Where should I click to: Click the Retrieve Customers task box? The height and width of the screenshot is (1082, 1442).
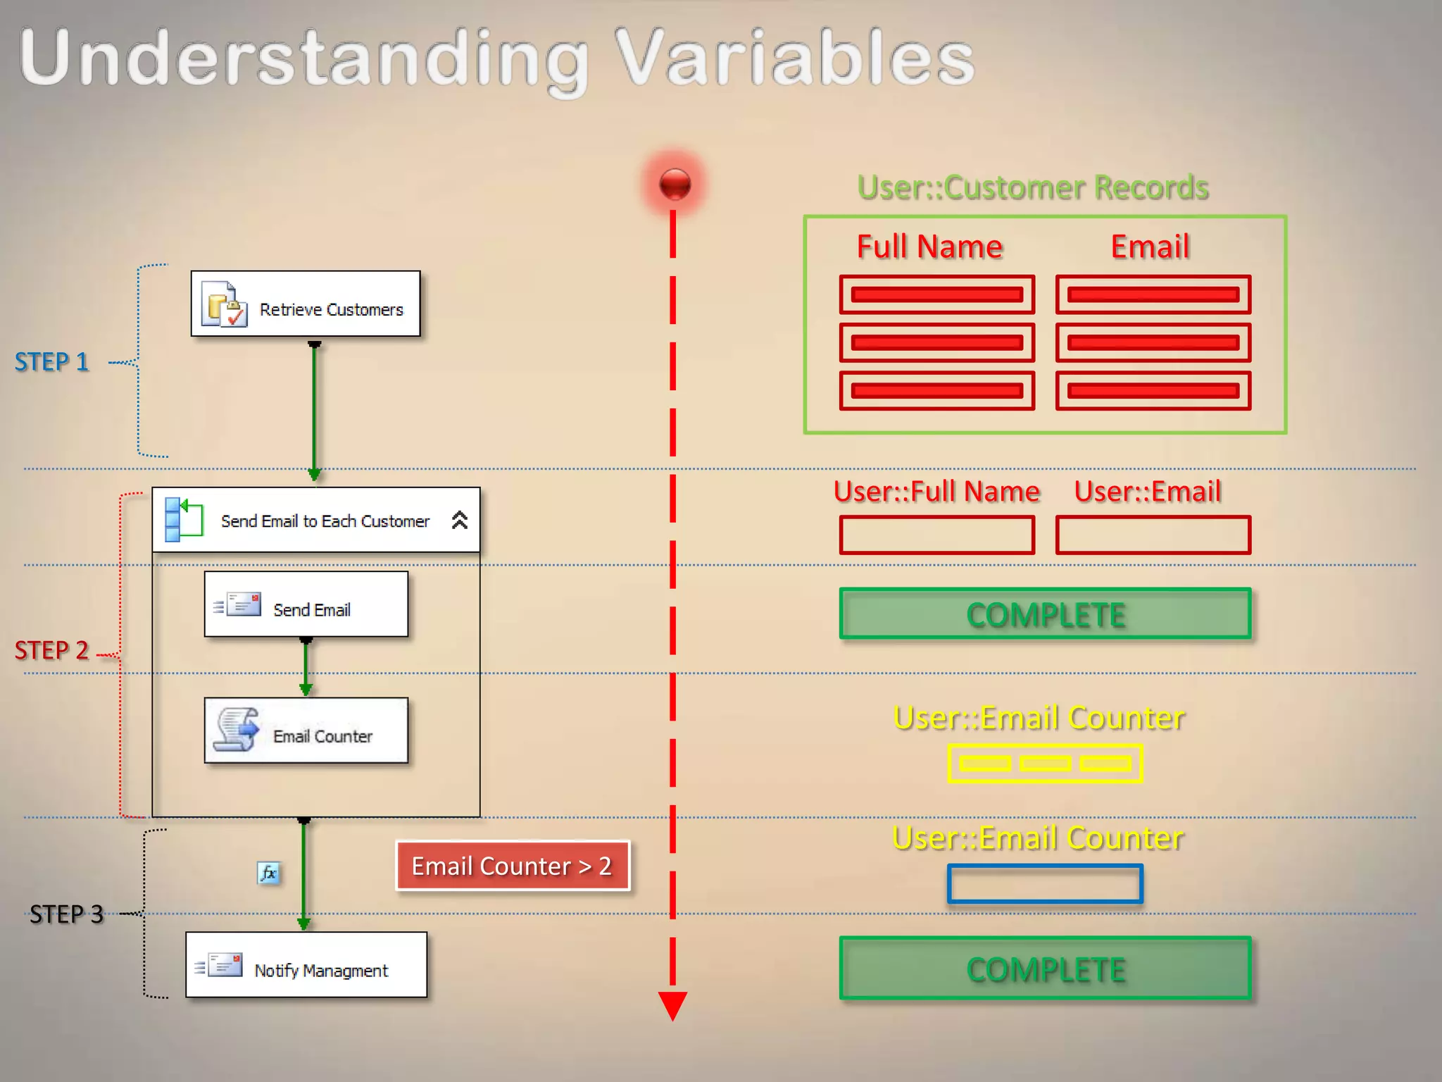306,304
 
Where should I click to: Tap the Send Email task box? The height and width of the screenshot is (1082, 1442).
306,604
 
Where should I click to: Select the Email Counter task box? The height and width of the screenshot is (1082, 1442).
306,730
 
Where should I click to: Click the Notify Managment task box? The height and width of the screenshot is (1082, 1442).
306,965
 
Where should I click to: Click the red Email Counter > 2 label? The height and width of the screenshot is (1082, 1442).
512,866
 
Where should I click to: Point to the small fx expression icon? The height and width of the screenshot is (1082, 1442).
268,873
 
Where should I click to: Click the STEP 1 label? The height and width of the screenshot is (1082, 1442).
52,362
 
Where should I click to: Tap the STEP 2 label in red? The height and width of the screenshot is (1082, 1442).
52,650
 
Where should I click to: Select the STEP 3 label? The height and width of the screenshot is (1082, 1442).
66,914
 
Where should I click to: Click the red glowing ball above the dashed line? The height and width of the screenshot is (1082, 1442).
675,185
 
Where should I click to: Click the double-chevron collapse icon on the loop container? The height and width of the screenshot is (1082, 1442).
459,521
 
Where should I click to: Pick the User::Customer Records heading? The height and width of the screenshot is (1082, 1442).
1033,187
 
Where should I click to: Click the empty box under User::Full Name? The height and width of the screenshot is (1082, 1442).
936,535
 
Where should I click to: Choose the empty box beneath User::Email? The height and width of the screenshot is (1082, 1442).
1153,535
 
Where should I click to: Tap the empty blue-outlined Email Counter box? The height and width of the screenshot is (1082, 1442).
1045,884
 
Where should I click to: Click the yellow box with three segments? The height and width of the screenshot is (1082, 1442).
1045,764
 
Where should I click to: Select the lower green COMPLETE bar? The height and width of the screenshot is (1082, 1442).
1045,969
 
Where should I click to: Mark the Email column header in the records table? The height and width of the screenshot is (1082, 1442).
1150,247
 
